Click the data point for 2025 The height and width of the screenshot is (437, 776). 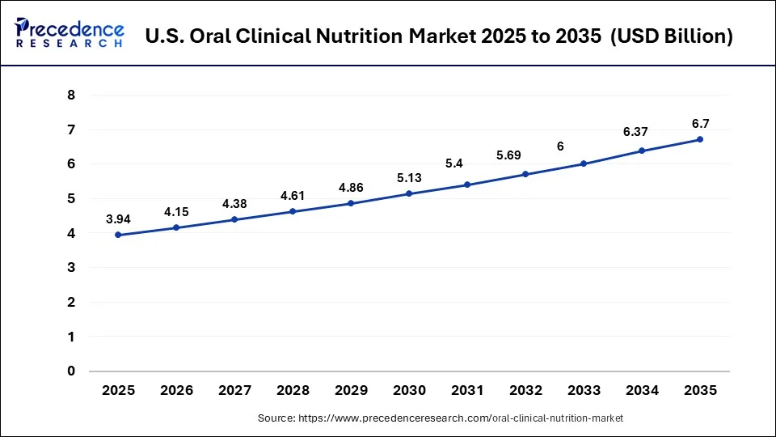[x=119, y=235]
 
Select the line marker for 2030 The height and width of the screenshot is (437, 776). [x=410, y=193]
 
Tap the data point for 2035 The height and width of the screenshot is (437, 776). [x=700, y=139]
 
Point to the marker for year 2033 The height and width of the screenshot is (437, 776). [x=584, y=163]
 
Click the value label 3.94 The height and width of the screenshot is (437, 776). [x=119, y=218]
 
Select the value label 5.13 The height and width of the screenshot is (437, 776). [x=410, y=177]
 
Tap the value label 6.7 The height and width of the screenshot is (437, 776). [x=700, y=123]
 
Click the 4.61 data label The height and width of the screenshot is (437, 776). [x=293, y=195]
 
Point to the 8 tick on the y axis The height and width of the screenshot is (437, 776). [x=71, y=95]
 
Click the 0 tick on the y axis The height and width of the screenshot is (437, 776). [x=71, y=371]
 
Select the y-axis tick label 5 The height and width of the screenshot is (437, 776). [x=71, y=198]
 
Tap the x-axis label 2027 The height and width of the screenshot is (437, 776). [x=235, y=390]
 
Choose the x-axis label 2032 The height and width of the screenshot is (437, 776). [x=526, y=390]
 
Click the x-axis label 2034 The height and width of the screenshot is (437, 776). [x=642, y=390]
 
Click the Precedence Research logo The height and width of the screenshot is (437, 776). [x=70, y=34]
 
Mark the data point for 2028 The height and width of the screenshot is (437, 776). [x=293, y=211]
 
